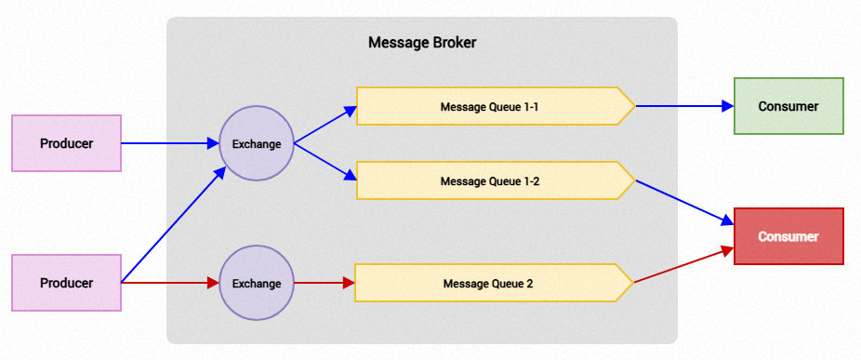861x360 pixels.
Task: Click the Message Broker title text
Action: point(422,43)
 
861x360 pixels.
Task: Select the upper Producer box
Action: point(66,143)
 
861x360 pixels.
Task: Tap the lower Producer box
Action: point(66,283)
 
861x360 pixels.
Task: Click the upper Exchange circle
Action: point(257,143)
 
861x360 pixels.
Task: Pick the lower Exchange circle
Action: point(257,283)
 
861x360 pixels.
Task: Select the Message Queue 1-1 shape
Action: point(496,106)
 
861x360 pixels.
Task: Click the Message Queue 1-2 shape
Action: point(496,180)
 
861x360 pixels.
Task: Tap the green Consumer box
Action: point(788,106)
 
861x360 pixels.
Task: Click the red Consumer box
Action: point(788,236)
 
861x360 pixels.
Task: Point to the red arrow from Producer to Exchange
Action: point(169,283)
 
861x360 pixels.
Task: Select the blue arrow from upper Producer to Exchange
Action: point(169,143)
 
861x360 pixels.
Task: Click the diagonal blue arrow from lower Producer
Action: point(174,225)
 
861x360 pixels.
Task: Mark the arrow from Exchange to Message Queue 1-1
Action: point(325,125)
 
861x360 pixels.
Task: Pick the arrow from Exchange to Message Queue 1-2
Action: point(325,162)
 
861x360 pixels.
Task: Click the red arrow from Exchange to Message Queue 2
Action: point(325,283)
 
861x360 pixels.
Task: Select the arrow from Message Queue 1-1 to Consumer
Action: point(684,106)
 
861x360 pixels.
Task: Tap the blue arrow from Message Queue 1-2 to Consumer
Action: point(684,202)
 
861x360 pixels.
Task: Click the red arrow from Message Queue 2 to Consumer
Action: point(684,265)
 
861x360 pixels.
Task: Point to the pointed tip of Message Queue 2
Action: point(634,283)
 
